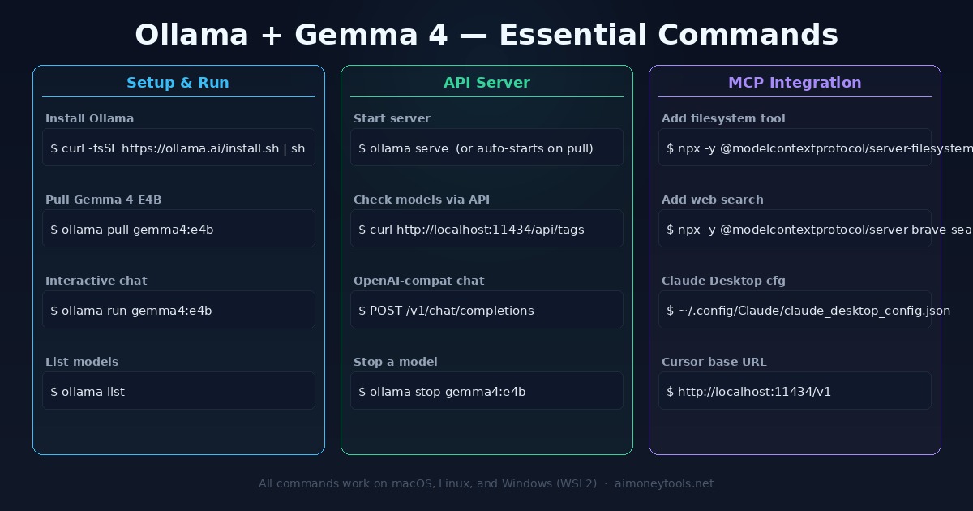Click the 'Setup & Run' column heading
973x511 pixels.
[x=178, y=83]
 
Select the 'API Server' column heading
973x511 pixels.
[x=486, y=83]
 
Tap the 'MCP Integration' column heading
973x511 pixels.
[x=795, y=83]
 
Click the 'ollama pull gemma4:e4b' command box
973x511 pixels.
[x=178, y=229]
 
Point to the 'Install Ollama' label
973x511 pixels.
[x=89, y=118]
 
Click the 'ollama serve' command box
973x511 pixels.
[x=486, y=148]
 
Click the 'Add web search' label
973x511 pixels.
[x=712, y=200]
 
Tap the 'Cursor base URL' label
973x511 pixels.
[x=714, y=362]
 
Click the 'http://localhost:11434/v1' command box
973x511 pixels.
[x=795, y=391]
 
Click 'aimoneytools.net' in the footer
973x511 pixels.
[x=664, y=483]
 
